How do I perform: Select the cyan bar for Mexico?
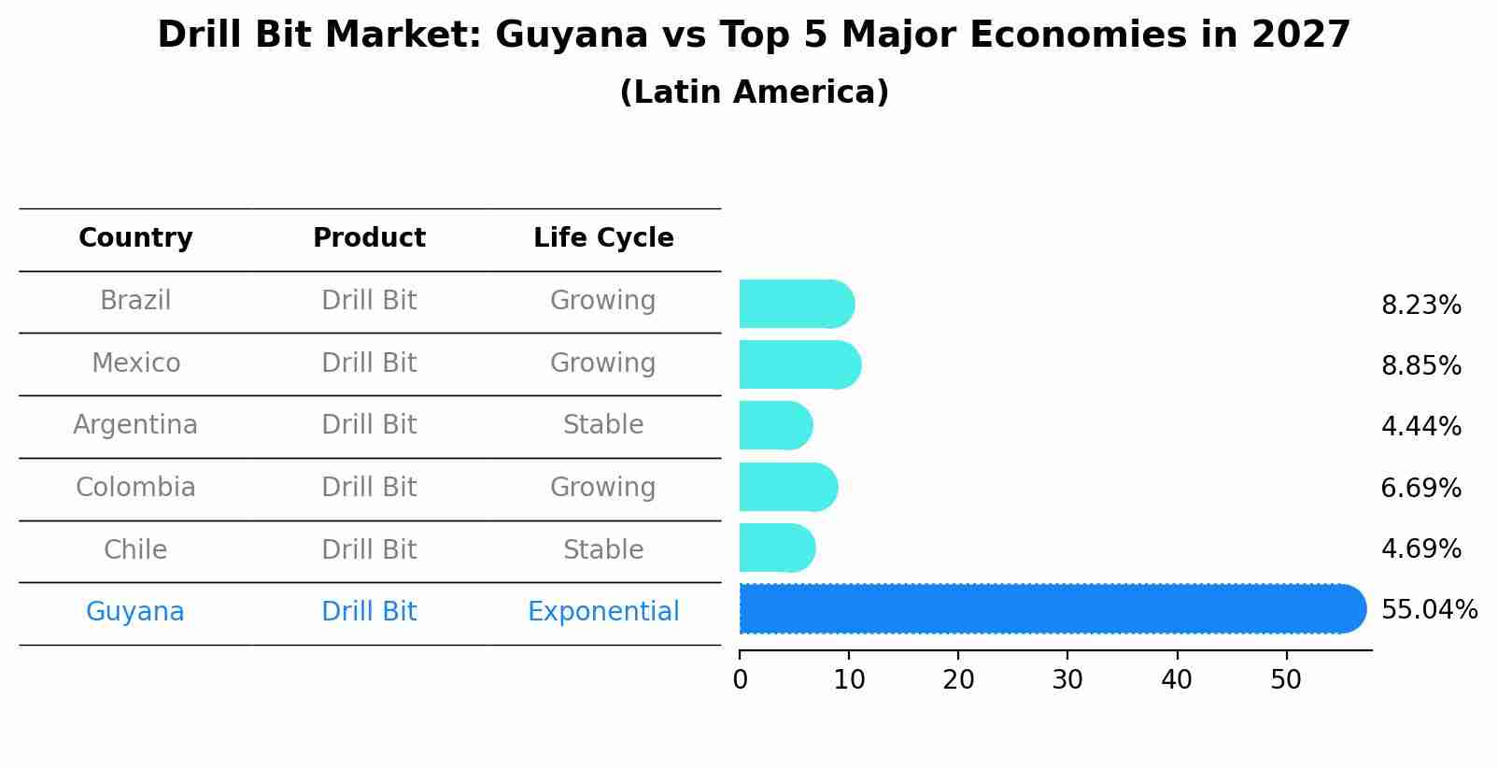pos(798,364)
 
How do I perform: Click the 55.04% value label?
pos(1428,610)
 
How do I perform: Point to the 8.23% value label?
pos(1420,306)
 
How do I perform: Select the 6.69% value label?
pos(1420,488)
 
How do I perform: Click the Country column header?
pos(135,238)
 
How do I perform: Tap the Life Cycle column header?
pos(603,238)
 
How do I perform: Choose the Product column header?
pos(369,238)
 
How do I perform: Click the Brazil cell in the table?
pos(135,301)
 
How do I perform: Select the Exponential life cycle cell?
pos(603,612)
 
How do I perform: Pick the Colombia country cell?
pos(135,488)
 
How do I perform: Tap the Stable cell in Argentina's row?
pos(603,425)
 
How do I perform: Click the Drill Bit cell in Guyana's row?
pos(369,612)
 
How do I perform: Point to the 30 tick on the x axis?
pos(1067,680)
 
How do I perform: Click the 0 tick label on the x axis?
pos(741,680)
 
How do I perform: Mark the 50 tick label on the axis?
pos(1286,680)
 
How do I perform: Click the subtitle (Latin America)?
pos(754,93)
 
